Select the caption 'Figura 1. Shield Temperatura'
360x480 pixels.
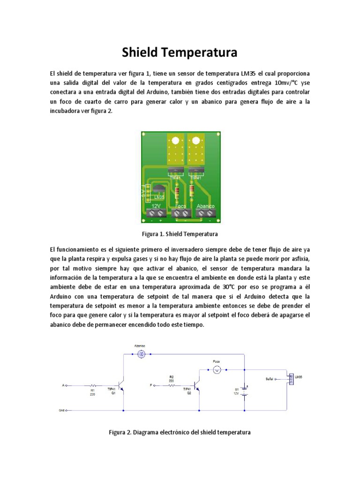(x=180, y=233)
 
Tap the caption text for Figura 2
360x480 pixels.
(x=180, y=432)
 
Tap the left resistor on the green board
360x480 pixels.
(x=177, y=192)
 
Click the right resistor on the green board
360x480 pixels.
(x=191, y=192)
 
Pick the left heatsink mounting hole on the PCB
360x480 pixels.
(x=175, y=141)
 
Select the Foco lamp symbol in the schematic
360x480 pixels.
(x=217, y=370)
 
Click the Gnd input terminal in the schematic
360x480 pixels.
(x=67, y=411)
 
